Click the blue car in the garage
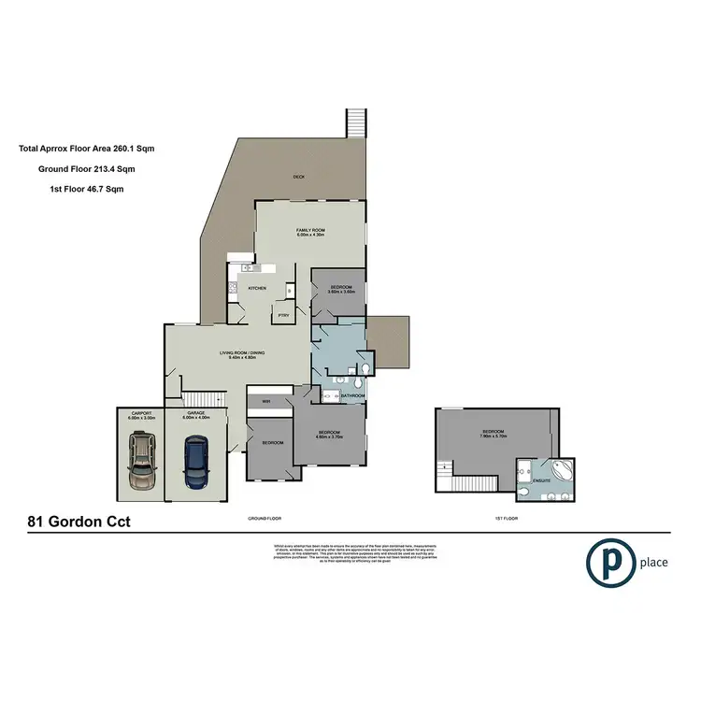194,464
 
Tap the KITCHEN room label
257,288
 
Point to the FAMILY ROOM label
310,230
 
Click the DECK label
299,176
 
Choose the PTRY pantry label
285,316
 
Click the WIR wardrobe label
265,402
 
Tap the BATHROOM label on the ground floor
352,396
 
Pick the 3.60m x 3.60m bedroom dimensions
338,292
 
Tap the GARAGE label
194,414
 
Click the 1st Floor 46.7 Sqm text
86,189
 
